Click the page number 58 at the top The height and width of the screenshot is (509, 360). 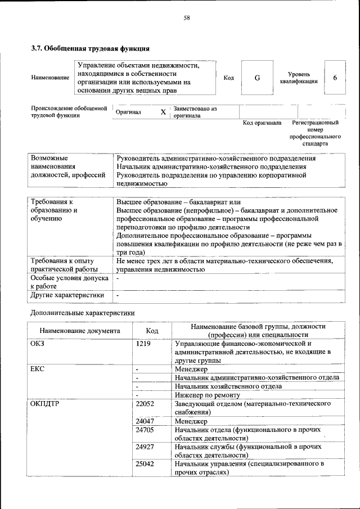click(x=186, y=18)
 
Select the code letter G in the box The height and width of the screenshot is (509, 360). click(x=256, y=78)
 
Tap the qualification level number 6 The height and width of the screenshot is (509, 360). click(x=335, y=78)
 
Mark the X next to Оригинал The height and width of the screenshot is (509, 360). click(x=163, y=112)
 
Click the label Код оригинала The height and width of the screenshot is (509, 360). click(x=262, y=123)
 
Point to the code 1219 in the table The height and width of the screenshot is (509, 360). click(x=143, y=344)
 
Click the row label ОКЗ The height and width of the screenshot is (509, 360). click(x=37, y=344)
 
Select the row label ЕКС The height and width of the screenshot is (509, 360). click(x=37, y=370)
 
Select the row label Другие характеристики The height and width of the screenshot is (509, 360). click(x=67, y=295)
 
